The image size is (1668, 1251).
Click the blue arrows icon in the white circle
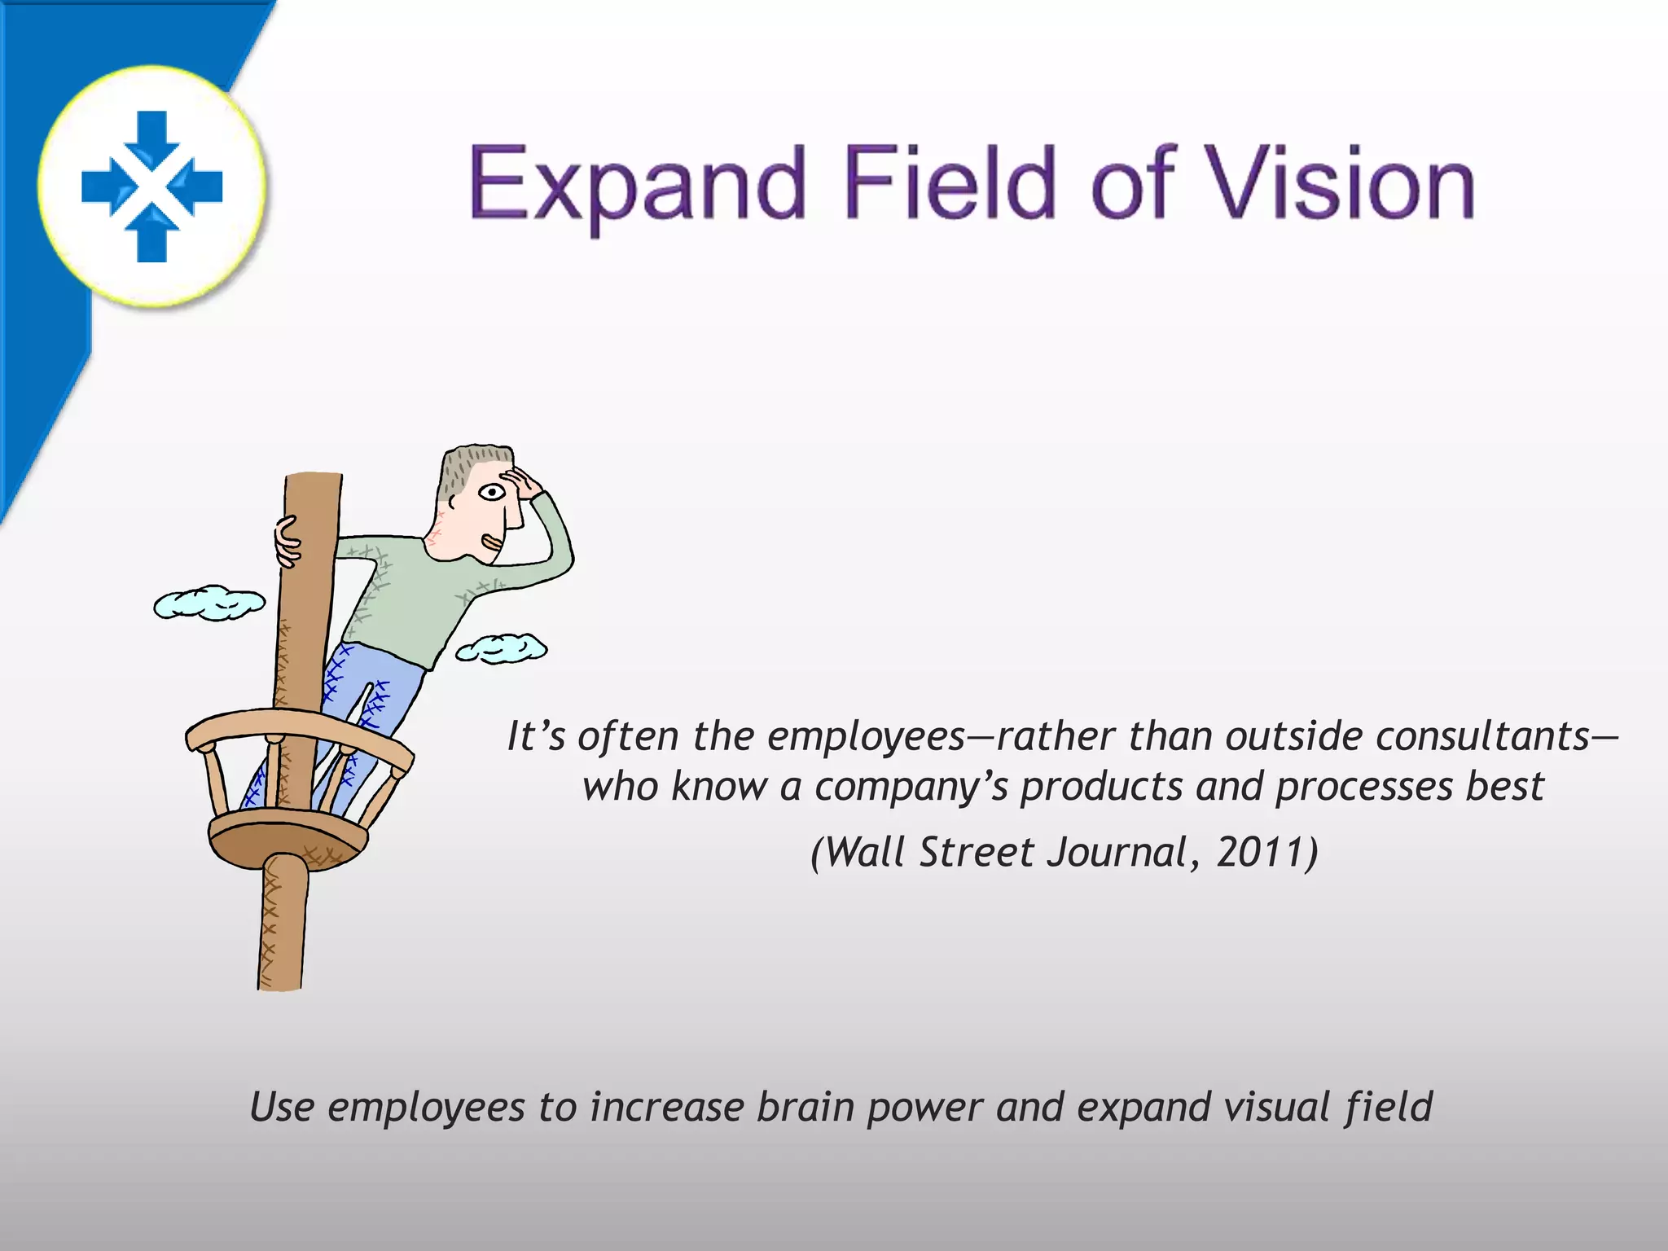coord(152,186)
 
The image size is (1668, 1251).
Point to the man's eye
coord(491,492)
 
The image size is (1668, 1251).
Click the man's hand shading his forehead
coord(521,482)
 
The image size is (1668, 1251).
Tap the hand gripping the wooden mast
coord(287,541)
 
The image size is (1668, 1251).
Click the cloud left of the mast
coord(209,603)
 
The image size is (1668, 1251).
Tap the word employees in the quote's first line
coord(866,736)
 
